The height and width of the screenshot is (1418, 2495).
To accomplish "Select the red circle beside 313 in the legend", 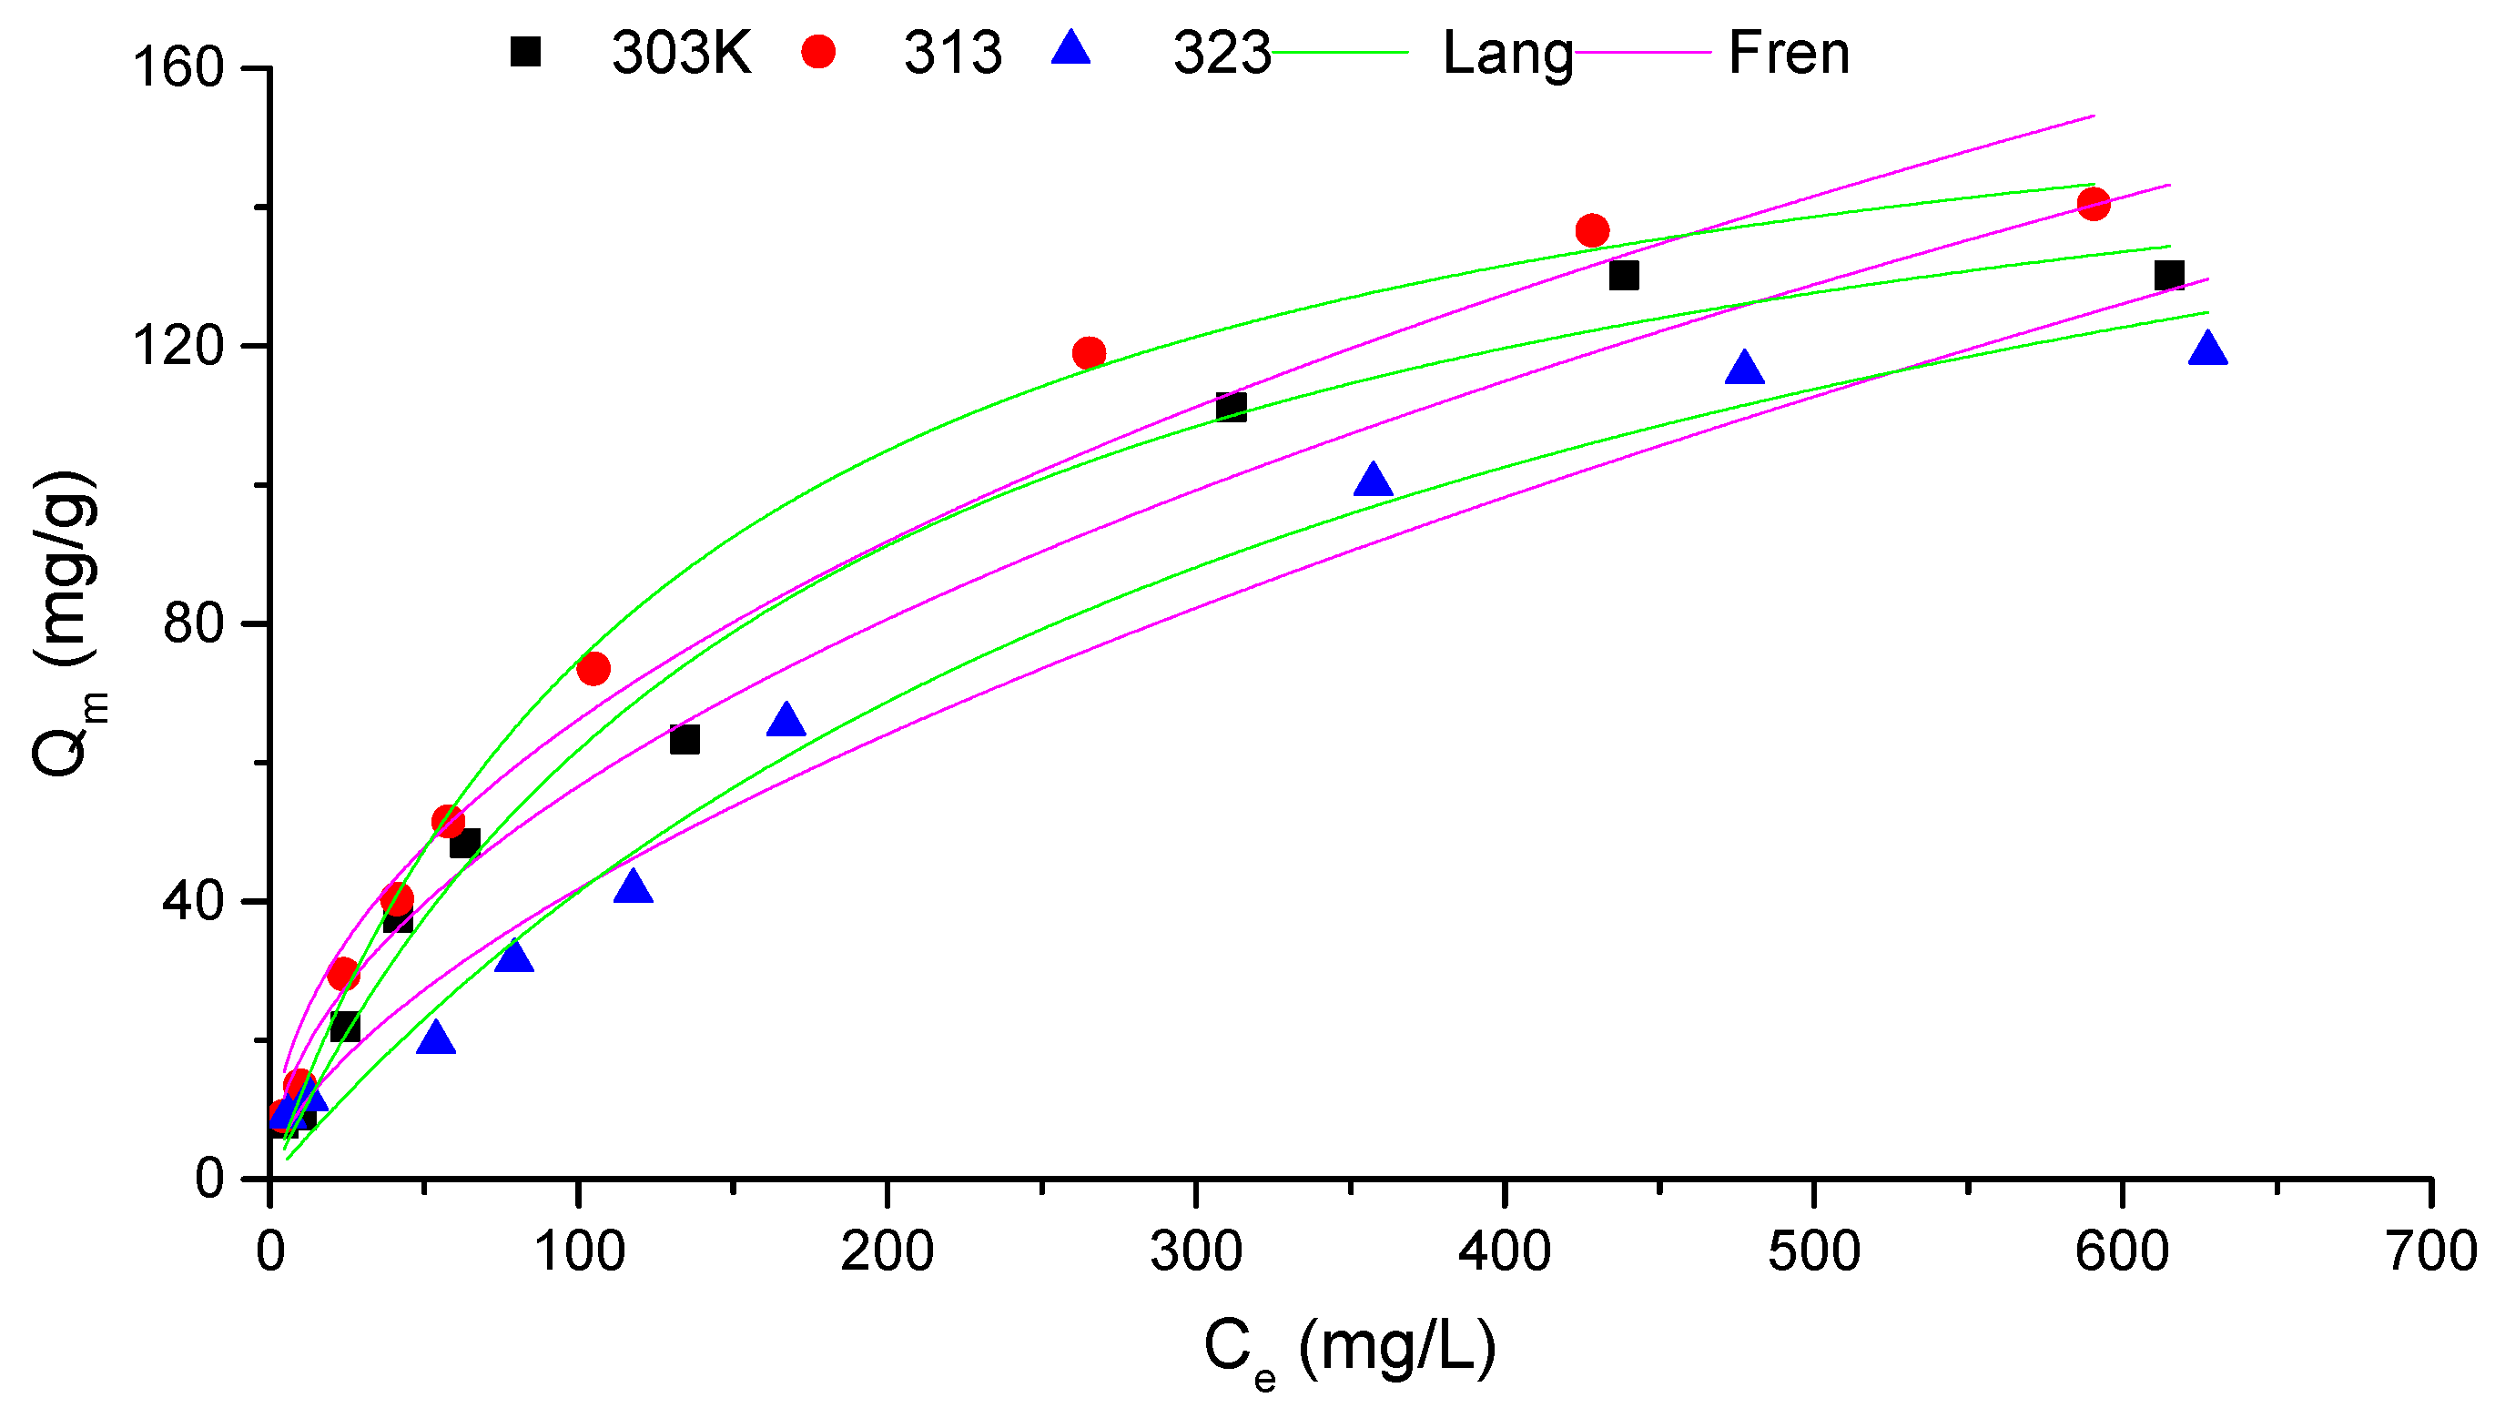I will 818,51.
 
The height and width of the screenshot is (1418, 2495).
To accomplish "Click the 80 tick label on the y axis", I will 193,623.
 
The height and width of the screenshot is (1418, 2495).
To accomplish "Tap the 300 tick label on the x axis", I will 1195,1252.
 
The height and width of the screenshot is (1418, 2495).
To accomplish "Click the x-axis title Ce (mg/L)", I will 1349,1350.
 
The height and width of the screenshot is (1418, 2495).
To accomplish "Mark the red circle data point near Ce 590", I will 2093,204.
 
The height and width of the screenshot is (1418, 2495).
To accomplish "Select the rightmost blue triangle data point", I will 2206,349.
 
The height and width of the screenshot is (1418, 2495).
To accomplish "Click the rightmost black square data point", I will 2169,275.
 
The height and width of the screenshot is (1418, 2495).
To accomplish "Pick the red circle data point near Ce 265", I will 1089,352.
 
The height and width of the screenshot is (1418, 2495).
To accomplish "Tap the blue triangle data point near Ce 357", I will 1372,481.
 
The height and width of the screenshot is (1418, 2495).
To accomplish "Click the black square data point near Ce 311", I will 1231,406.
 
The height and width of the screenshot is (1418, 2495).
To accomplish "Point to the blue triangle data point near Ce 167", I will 786,721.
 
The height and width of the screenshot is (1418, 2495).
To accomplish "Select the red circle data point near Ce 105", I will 593,668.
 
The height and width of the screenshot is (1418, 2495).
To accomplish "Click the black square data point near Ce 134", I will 685,739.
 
